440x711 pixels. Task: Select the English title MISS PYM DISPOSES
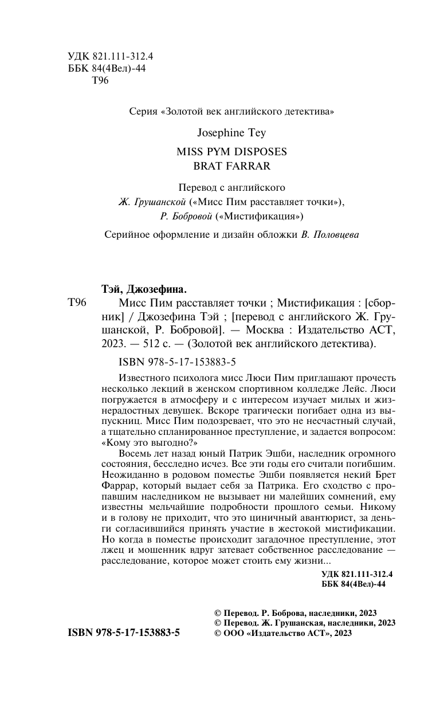pyautogui.click(x=232, y=152)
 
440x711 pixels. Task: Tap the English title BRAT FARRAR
pyautogui.click(x=232, y=166)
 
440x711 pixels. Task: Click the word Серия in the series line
pyautogui.click(x=143, y=112)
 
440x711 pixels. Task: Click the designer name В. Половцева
pyautogui.click(x=330, y=234)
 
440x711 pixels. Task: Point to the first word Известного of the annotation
pyautogui.click(x=142, y=378)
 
